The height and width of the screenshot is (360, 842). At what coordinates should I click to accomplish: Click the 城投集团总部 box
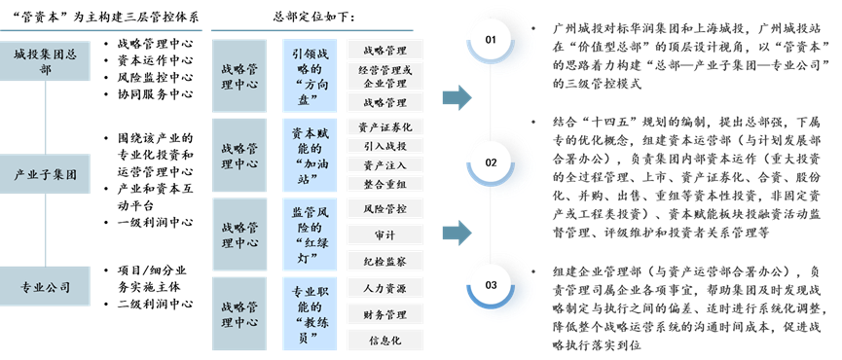pos(45,61)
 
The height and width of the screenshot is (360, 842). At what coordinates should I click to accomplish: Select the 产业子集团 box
pos(45,175)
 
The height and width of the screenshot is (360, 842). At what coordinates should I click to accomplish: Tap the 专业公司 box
pos(45,288)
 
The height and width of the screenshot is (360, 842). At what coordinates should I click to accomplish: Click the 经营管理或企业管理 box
pos(386,76)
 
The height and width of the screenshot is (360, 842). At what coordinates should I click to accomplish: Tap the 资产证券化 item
pos(386,126)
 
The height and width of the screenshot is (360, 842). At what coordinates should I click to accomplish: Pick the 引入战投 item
pos(386,145)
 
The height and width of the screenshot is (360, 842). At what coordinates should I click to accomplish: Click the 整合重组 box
pos(386,183)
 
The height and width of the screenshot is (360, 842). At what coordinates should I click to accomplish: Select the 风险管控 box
pos(386,208)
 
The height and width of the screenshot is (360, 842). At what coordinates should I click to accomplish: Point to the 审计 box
pos(386,234)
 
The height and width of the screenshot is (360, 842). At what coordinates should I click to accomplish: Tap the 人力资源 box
pos(386,288)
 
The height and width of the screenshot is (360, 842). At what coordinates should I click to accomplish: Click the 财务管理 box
pos(386,314)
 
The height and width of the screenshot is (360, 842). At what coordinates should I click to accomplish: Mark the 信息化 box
pos(386,340)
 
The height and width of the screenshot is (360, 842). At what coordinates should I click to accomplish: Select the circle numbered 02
pos(490,162)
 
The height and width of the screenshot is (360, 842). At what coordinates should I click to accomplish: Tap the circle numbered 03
pos(490,284)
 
